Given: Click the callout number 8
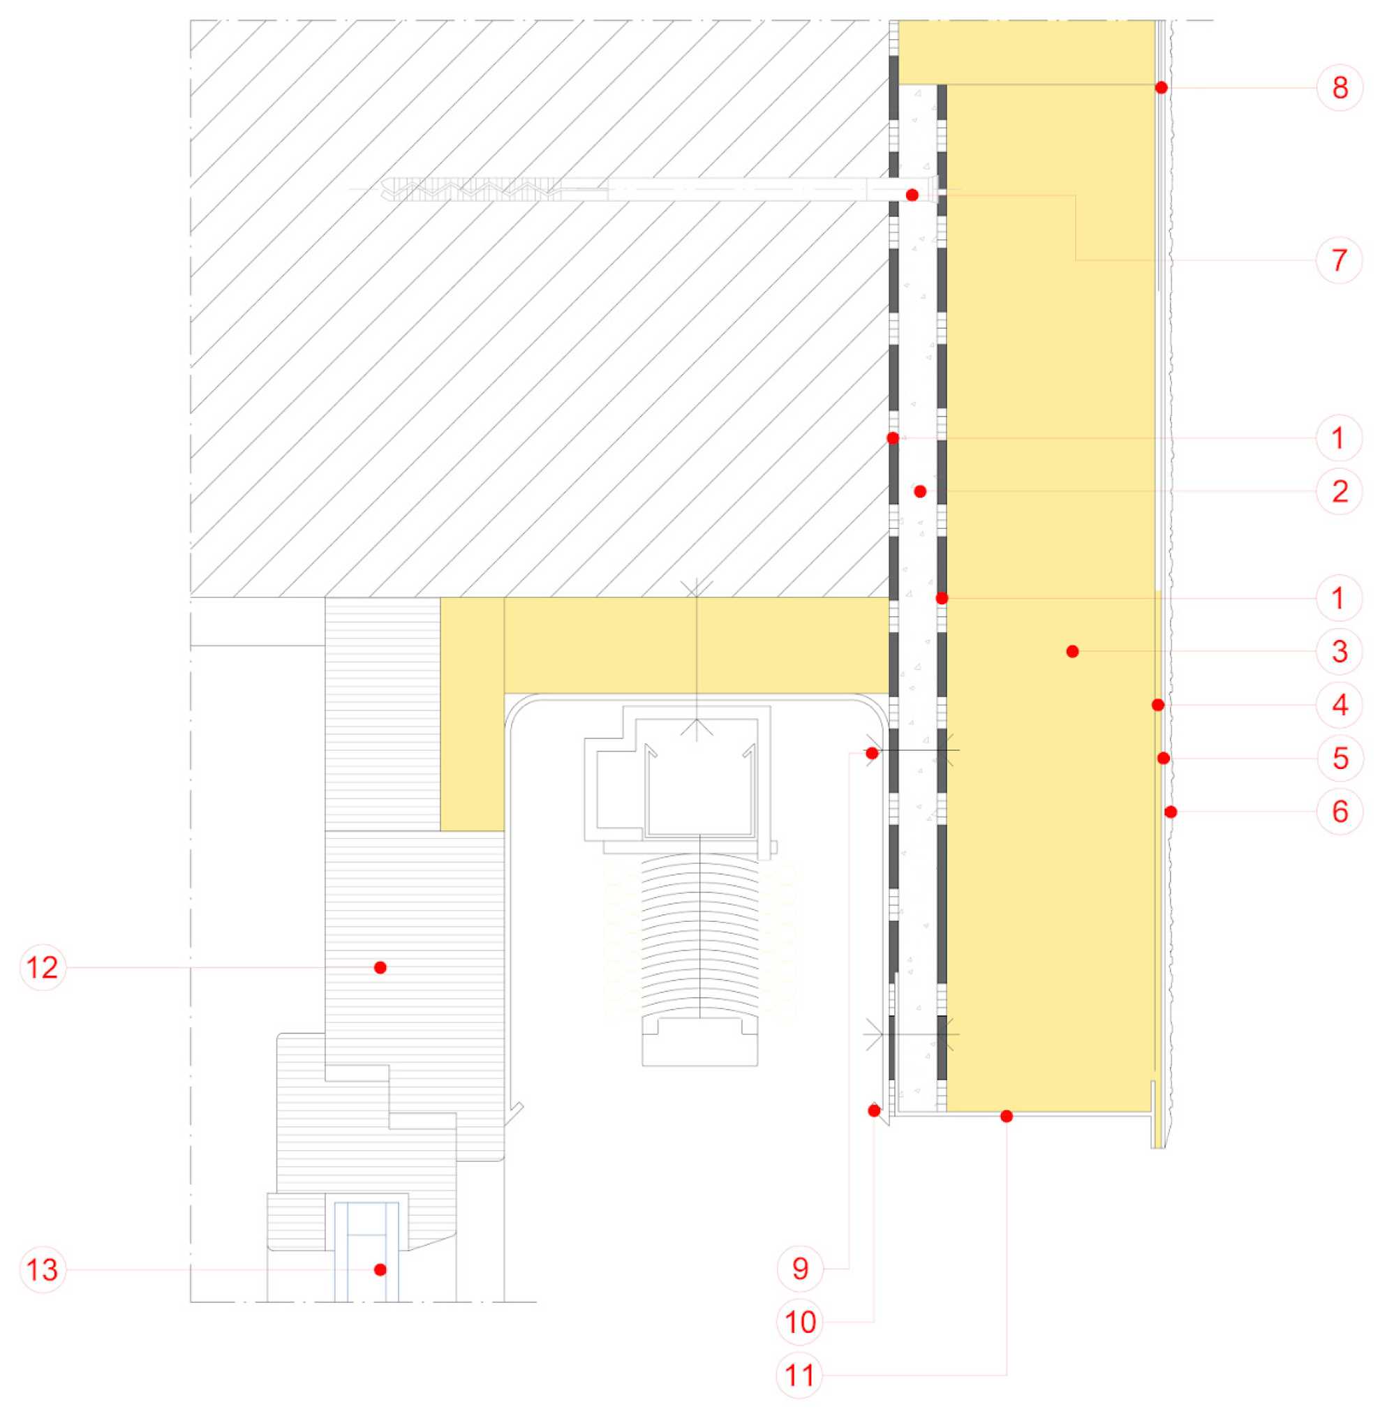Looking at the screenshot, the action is [1340, 88].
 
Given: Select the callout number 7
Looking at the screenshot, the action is [1340, 260].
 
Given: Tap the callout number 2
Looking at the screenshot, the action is [1340, 491].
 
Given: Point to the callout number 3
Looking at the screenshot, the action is [1340, 652].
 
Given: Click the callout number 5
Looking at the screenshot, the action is [1340, 758].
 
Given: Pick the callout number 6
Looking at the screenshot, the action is [1340, 812].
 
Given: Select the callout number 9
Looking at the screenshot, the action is [800, 1269].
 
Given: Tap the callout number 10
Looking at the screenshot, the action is [800, 1322].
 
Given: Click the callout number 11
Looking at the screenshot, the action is [800, 1375].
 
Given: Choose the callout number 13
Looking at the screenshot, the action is [42, 1270].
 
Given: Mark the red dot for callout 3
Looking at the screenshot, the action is [1073, 652].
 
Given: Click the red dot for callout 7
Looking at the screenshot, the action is [912, 195].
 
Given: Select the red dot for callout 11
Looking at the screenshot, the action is [1007, 1116].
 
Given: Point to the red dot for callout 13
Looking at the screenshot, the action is [380, 1270].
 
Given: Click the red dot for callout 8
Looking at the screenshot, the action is [1161, 88].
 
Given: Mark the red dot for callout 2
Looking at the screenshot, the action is [921, 491].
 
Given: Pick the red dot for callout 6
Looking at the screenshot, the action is [1171, 812].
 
